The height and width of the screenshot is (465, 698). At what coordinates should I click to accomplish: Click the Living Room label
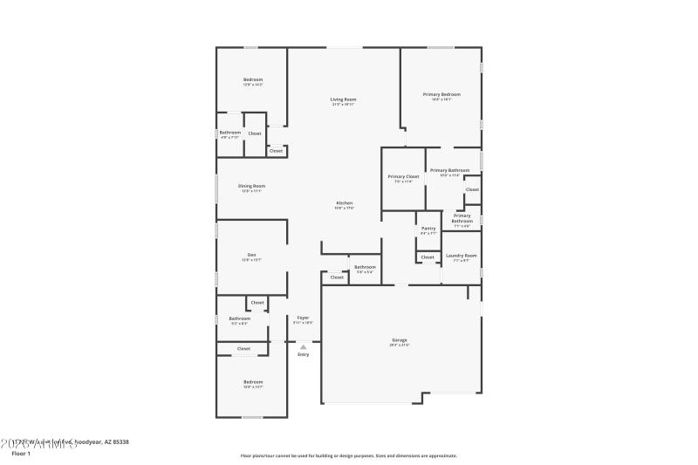[343, 99]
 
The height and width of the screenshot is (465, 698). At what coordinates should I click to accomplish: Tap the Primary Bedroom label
[441, 94]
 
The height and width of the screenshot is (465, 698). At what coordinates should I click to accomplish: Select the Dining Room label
[251, 186]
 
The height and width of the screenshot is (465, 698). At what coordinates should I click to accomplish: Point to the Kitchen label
[344, 203]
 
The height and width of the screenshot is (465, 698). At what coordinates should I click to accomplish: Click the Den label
[251, 255]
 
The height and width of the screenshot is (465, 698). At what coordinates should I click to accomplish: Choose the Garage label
[399, 340]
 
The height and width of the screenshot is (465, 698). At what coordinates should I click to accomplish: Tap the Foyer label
[303, 318]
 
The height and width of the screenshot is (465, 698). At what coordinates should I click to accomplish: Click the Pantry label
[428, 229]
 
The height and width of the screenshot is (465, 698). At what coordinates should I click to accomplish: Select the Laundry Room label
[462, 256]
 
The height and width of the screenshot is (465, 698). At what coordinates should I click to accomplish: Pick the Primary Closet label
[403, 176]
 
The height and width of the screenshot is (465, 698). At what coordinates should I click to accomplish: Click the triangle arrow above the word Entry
[303, 346]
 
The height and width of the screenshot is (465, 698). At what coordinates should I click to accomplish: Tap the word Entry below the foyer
[303, 354]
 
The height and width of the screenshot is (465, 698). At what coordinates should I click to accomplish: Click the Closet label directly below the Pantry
[428, 257]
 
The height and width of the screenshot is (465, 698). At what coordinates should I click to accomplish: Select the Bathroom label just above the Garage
[365, 267]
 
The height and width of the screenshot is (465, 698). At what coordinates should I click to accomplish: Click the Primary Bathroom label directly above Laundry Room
[462, 218]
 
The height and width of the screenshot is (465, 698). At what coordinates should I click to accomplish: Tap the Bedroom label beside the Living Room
[252, 80]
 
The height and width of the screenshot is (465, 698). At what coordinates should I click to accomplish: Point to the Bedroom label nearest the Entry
[252, 382]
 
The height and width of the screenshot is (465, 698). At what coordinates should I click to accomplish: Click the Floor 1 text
[20, 454]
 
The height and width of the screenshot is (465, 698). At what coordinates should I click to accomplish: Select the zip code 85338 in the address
[118, 442]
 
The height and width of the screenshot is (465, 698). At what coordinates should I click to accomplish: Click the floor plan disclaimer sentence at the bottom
[348, 455]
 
